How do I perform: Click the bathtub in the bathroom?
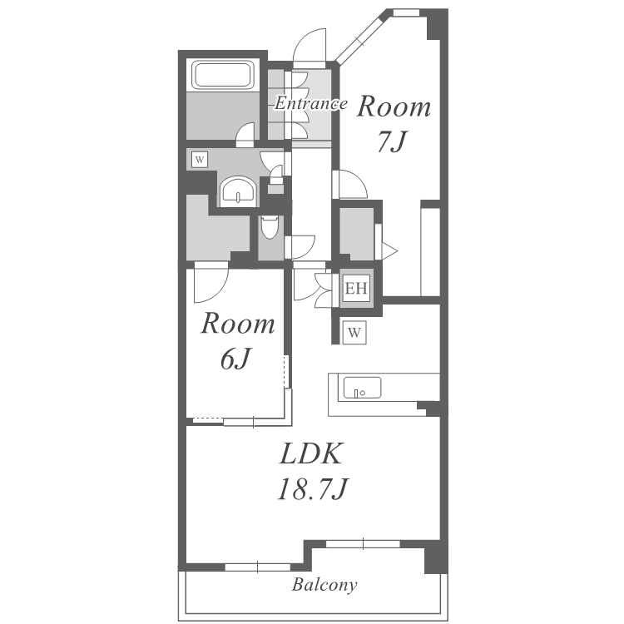(223, 75)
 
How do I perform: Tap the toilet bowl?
(270, 227)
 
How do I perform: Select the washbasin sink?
(238, 191)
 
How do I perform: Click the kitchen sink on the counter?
(362, 388)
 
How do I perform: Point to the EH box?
(356, 288)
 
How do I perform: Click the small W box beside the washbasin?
(200, 160)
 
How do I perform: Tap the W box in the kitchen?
(354, 332)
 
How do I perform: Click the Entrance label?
(311, 103)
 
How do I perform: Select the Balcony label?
(324, 585)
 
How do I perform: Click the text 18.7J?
(313, 489)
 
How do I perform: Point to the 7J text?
(391, 141)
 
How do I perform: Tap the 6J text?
(235, 359)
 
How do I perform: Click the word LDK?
(311, 453)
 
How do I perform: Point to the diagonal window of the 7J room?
(359, 38)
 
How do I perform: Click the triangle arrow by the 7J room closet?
(389, 251)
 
